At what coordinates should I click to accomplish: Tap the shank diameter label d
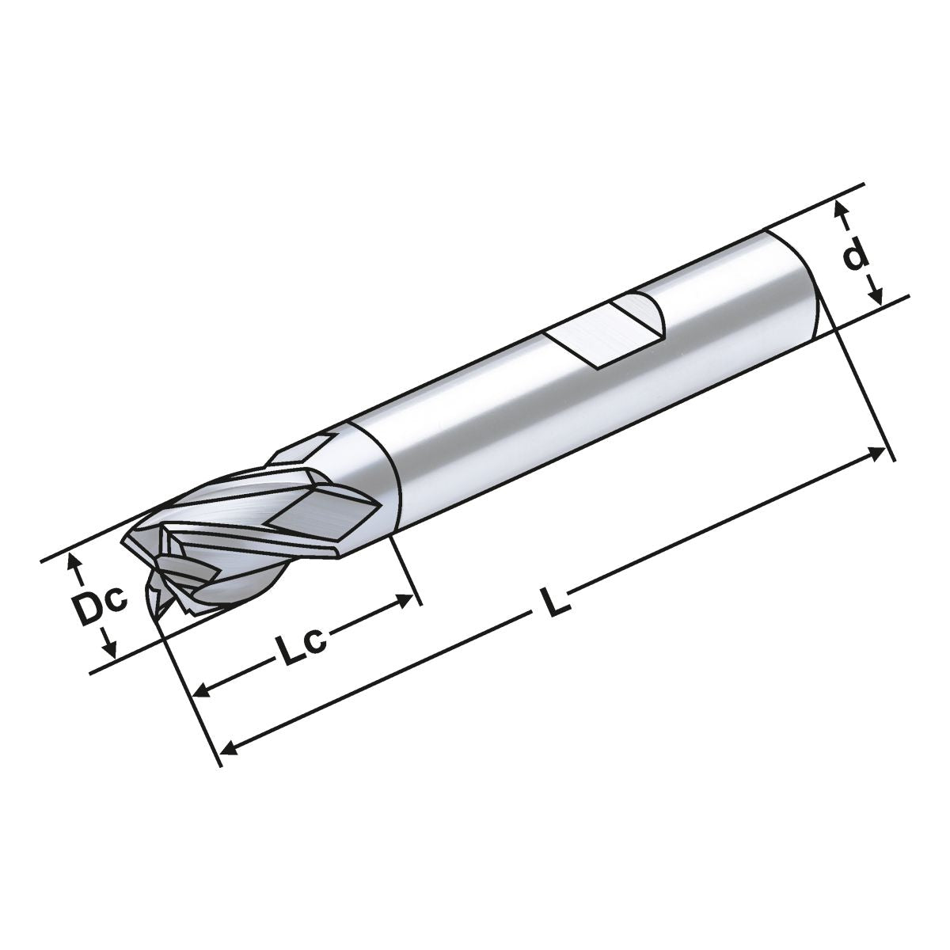coord(855,256)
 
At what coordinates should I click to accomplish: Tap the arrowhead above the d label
coord(842,211)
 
